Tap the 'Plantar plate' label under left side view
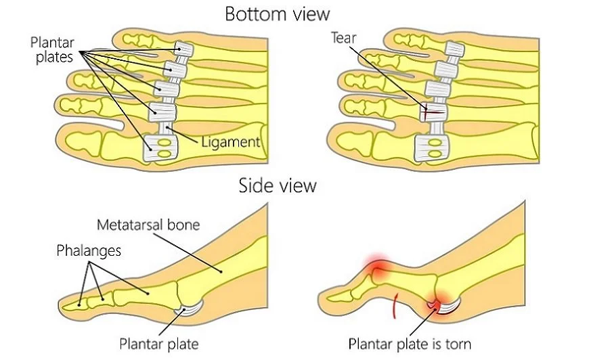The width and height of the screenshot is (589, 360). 159,344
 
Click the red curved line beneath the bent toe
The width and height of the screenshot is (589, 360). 393,307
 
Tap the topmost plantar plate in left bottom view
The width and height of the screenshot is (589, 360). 183,49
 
